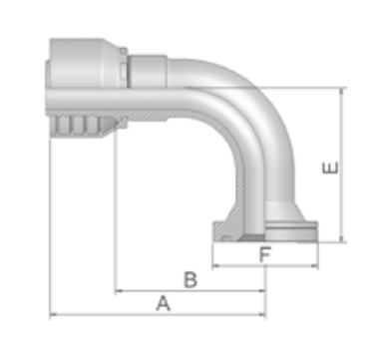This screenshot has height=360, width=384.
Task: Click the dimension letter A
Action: click(164, 303)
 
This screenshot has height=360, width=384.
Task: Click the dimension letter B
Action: click(191, 279)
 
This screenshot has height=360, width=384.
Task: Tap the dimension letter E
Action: click(330, 168)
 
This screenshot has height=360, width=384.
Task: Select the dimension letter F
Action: click(265, 254)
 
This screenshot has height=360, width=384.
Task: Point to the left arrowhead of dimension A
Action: click(53, 314)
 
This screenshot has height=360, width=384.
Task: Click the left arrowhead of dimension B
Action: click(119, 291)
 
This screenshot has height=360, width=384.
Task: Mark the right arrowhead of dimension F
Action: click(314, 265)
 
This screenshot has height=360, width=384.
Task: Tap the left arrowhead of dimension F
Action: click(216, 265)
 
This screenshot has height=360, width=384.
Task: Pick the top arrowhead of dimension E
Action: click(342, 91)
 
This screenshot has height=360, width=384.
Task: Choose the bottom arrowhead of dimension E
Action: click(342, 238)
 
